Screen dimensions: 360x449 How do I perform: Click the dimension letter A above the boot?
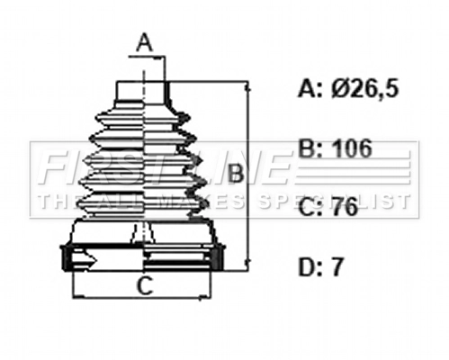click(144, 41)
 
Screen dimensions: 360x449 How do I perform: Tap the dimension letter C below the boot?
click(142, 287)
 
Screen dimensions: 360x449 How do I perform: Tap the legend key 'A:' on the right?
click(309, 88)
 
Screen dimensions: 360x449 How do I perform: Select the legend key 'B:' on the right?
click(309, 148)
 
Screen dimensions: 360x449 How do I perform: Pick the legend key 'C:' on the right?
click(309, 207)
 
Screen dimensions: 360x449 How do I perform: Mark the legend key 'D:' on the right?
click(309, 267)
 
